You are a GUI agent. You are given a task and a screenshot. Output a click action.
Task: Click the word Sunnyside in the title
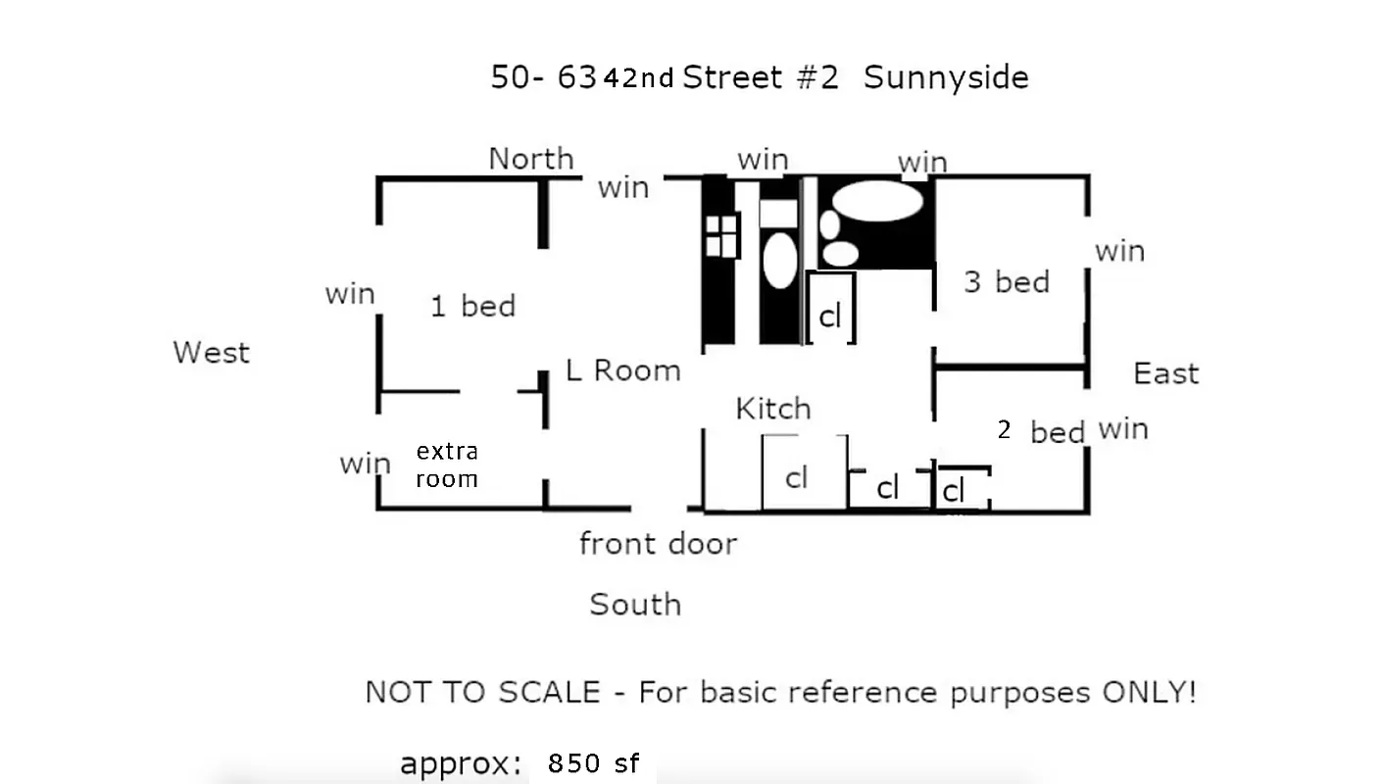[946, 77]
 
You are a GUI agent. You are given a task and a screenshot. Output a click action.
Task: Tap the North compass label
[531, 158]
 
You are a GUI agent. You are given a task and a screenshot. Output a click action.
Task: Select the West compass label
[211, 352]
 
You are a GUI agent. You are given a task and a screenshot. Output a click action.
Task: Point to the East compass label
[1165, 372]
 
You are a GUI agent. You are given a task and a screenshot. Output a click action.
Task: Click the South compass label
[635, 604]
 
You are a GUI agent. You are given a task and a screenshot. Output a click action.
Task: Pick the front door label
[658, 543]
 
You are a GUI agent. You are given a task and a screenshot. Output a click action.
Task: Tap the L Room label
[623, 370]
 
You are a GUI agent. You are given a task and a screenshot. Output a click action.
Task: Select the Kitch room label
[773, 408]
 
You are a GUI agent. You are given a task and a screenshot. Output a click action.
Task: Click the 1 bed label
[473, 306]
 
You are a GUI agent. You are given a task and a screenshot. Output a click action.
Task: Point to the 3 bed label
[1007, 282]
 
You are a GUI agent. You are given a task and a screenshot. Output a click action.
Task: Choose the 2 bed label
[1041, 431]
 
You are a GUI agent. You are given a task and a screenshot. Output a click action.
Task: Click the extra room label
[447, 465]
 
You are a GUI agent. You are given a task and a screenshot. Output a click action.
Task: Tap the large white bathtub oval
[878, 201]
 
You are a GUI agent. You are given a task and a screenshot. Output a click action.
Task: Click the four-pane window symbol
[721, 236]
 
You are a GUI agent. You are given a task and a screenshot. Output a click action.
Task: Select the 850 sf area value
[594, 763]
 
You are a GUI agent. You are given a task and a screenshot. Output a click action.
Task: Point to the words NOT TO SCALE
[482, 692]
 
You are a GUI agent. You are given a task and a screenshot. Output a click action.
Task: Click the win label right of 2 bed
[1123, 428]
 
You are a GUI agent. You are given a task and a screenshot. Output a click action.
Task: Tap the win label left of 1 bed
[350, 293]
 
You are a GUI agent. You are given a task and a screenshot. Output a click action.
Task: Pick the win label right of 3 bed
[1120, 251]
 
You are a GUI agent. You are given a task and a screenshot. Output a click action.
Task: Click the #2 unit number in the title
[817, 77]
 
